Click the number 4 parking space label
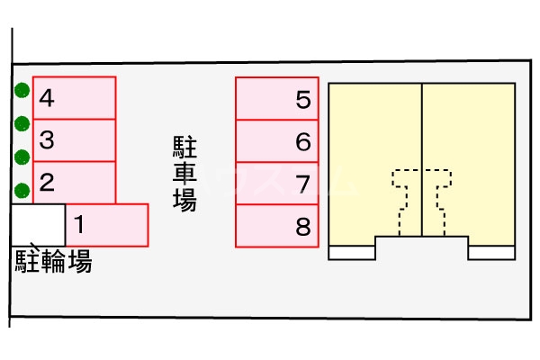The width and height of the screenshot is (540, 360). coord(48,98)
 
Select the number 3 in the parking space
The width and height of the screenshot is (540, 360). coord(48,140)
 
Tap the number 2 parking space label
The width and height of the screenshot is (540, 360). coord(48,183)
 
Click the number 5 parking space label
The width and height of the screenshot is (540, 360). coord(302,99)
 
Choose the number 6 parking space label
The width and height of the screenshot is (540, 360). coord(302,141)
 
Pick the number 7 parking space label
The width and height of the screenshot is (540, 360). coord(302,184)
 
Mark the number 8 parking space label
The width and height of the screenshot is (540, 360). coord(302,226)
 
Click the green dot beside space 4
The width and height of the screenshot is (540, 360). coord(22,90)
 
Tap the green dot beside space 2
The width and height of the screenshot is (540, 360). coord(22,190)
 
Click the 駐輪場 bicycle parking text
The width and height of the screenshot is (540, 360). coord(53,261)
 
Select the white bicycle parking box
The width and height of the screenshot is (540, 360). coord(38,225)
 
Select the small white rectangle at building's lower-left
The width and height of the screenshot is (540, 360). coord(352,253)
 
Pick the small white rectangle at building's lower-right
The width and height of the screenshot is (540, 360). coord(491,253)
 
